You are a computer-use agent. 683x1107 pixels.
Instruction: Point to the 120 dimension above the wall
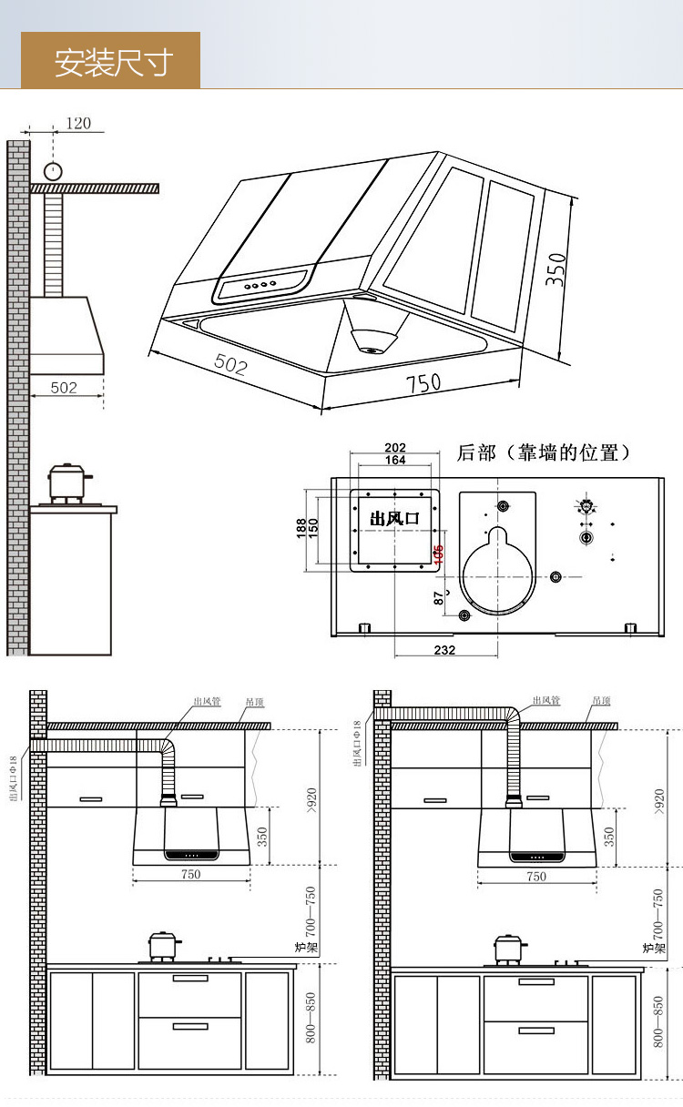(x=78, y=123)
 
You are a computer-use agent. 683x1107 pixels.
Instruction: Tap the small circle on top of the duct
(x=54, y=170)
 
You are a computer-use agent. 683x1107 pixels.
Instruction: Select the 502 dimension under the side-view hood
(x=64, y=388)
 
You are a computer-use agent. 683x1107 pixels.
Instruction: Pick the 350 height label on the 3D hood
(x=556, y=269)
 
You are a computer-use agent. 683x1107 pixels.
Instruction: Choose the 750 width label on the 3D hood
(x=423, y=383)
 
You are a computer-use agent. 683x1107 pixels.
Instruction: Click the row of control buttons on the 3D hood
(x=257, y=286)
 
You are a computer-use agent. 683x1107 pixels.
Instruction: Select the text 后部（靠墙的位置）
(x=544, y=452)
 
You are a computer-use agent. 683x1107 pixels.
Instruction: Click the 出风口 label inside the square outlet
(x=394, y=518)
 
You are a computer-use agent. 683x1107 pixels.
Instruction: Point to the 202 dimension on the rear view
(x=395, y=447)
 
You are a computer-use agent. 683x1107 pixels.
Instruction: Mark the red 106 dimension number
(x=439, y=554)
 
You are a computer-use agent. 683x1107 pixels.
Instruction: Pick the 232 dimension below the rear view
(x=444, y=650)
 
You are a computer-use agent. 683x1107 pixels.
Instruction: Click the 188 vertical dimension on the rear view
(x=301, y=529)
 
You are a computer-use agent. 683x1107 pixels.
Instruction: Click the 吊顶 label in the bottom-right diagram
(x=602, y=701)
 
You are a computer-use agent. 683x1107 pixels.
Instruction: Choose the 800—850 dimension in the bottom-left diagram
(x=311, y=1018)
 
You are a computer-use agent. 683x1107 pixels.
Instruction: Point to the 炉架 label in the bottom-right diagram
(x=655, y=948)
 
